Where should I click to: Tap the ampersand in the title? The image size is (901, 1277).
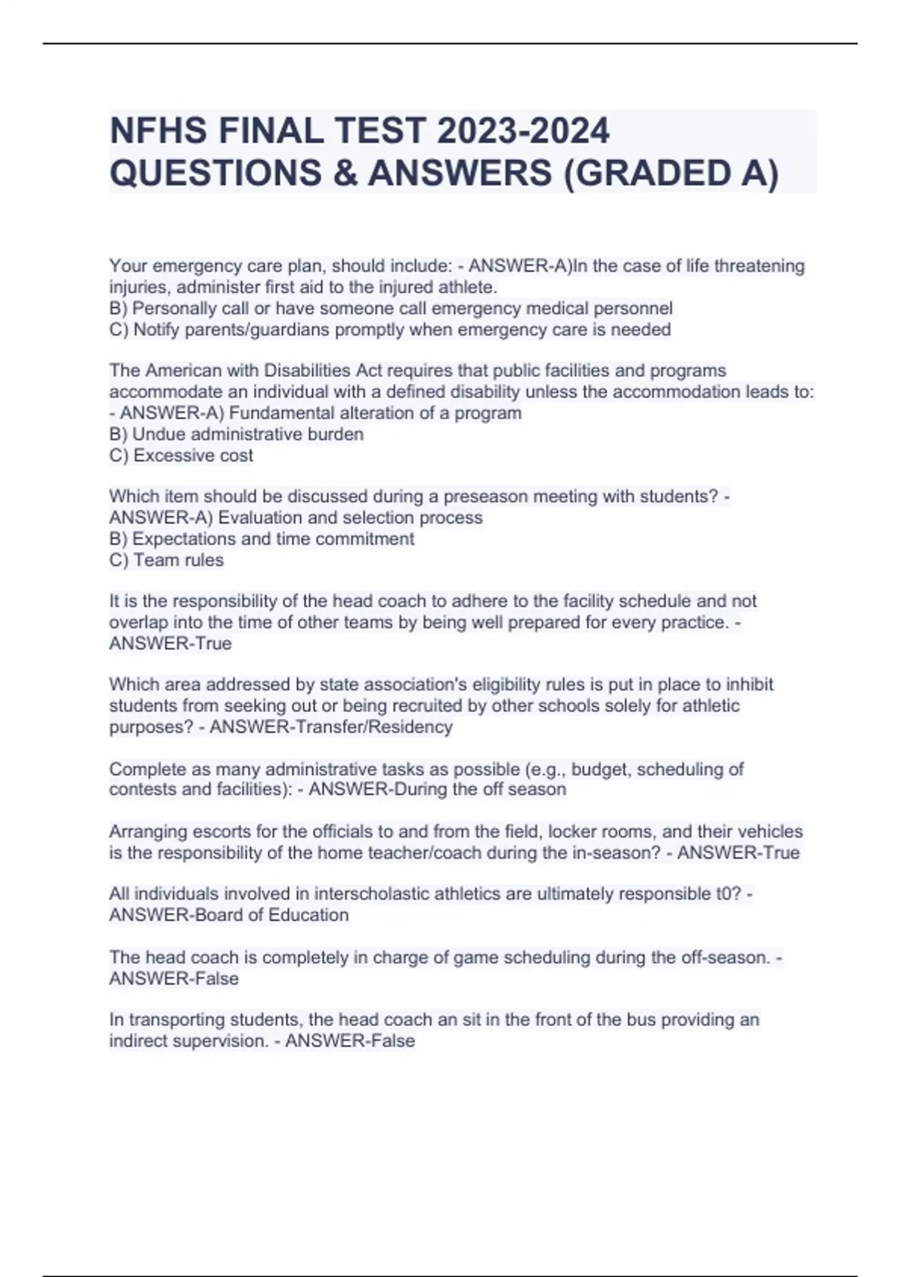348,174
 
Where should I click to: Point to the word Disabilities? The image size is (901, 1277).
308,370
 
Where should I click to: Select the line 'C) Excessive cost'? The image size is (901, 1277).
181,455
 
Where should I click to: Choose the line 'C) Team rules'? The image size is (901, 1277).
166,560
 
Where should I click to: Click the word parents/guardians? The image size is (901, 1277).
231,329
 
